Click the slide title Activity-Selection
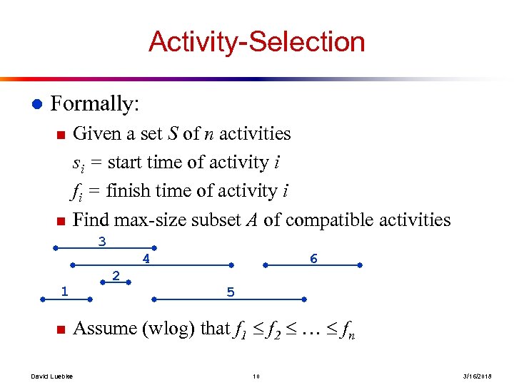[x=256, y=42]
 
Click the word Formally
[x=94, y=104]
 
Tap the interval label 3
[x=102, y=242]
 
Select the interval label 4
[x=146, y=260]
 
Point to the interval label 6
[x=313, y=260]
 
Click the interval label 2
[x=116, y=275]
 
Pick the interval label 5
[x=230, y=292]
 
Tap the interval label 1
[x=64, y=291]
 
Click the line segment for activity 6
[x=313, y=265]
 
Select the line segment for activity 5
[x=228, y=299]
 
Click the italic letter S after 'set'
[x=173, y=134]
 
